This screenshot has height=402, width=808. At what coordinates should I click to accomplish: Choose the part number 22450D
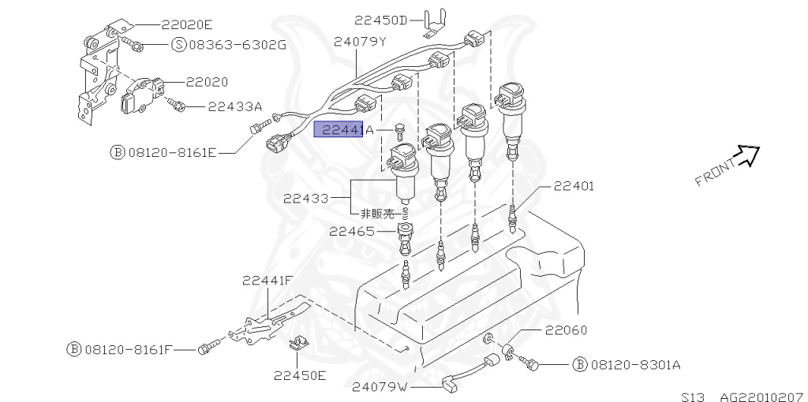tap(381, 20)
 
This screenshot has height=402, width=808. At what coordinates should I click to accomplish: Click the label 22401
tap(574, 186)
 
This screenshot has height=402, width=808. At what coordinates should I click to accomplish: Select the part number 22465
tap(352, 231)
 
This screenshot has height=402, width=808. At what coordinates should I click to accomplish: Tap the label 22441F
tap(267, 281)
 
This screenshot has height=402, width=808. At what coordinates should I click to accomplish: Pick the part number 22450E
tap(300, 375)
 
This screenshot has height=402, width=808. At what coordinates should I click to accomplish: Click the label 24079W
tap(380, 387)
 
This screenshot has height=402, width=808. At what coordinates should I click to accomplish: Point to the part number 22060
tap(565, 330)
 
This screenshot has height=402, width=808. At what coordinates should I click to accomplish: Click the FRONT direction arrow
tap(746, 156)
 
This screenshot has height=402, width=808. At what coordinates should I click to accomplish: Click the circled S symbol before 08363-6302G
tap(178, 44)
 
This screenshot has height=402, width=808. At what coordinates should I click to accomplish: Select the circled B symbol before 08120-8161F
tap(73, 348)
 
